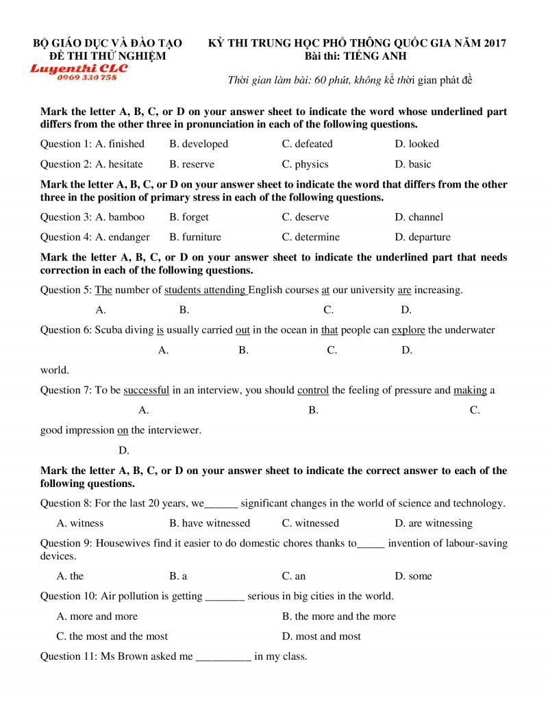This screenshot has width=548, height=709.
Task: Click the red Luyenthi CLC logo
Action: pos(79,68)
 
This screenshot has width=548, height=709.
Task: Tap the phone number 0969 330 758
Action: pos(87,77)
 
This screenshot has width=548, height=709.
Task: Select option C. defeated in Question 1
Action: pos(307,144)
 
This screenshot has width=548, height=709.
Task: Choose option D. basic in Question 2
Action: pos(413,164)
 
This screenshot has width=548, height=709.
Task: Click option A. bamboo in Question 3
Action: pos(120,217)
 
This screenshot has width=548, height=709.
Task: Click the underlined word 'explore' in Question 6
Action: pos(408,329)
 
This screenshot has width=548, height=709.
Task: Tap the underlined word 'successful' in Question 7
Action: pos(147,390)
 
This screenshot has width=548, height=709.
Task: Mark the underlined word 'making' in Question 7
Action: pos(470,390)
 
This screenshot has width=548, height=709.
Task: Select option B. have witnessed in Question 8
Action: pos(210,523)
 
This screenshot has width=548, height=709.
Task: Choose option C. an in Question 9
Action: pos(294,576)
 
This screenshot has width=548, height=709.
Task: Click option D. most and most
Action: pos(321,636)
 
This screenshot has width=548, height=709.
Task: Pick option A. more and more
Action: pos(97,617)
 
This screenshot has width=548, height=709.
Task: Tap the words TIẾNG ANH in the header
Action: pos(375,56)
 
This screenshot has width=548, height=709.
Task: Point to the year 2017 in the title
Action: pos(493,43)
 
